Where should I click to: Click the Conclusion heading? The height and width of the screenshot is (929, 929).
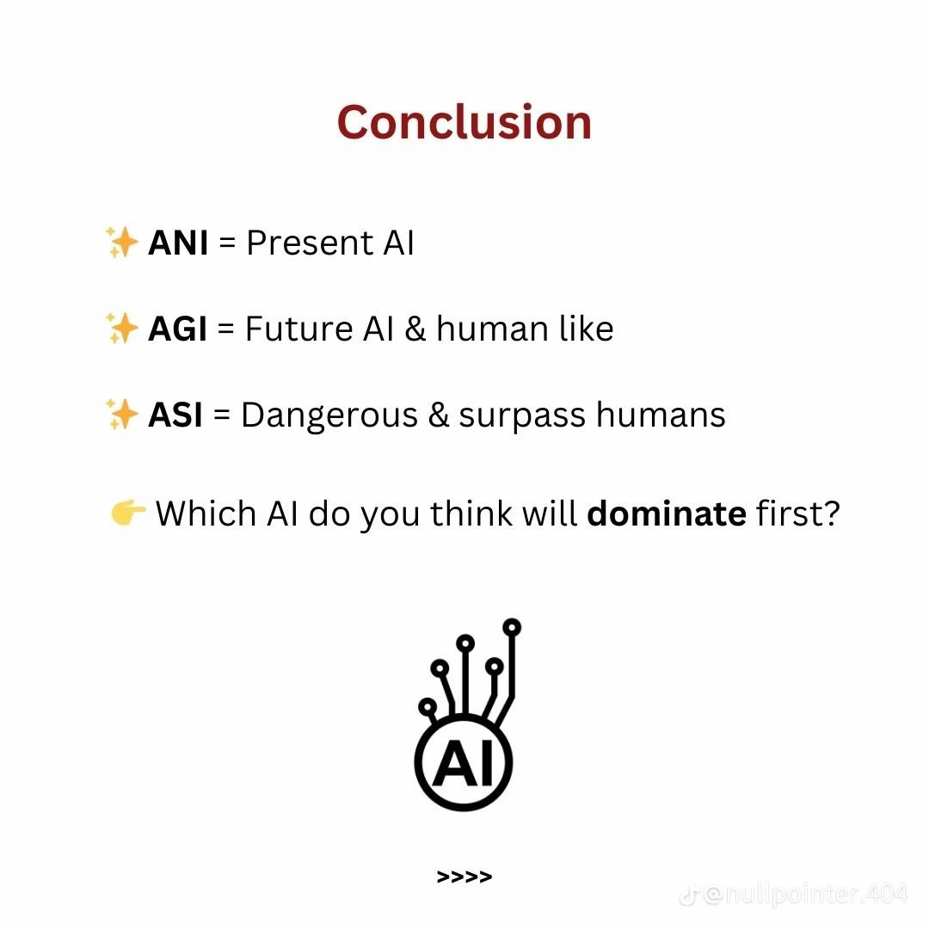coord(464,122)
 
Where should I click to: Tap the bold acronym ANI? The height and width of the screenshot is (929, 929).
coord(178,243)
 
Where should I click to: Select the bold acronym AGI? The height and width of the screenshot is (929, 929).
coord(178,329)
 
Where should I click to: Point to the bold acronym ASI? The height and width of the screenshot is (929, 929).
coord(175,415)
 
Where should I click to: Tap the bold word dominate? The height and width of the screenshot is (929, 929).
coord(666,514)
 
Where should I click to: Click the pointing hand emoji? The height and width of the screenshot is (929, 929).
coord(128,514)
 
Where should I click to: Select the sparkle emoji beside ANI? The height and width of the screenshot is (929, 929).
coord(121,243)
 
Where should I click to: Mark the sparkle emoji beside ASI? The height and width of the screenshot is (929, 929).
coord(121,415)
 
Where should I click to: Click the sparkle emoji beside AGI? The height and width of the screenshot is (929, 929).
coord(121,329)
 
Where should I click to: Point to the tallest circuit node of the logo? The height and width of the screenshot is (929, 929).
coord(513,626)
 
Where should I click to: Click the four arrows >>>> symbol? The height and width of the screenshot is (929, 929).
coord(464,877)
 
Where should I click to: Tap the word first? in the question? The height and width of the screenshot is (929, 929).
coord(797,514)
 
